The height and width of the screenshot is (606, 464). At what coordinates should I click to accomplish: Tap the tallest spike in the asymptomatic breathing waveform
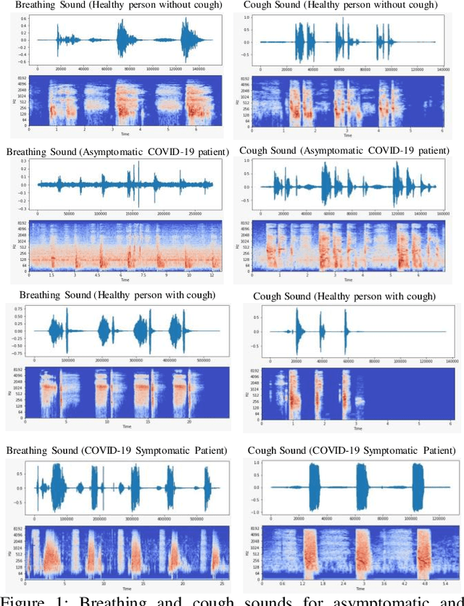click(138, 184)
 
